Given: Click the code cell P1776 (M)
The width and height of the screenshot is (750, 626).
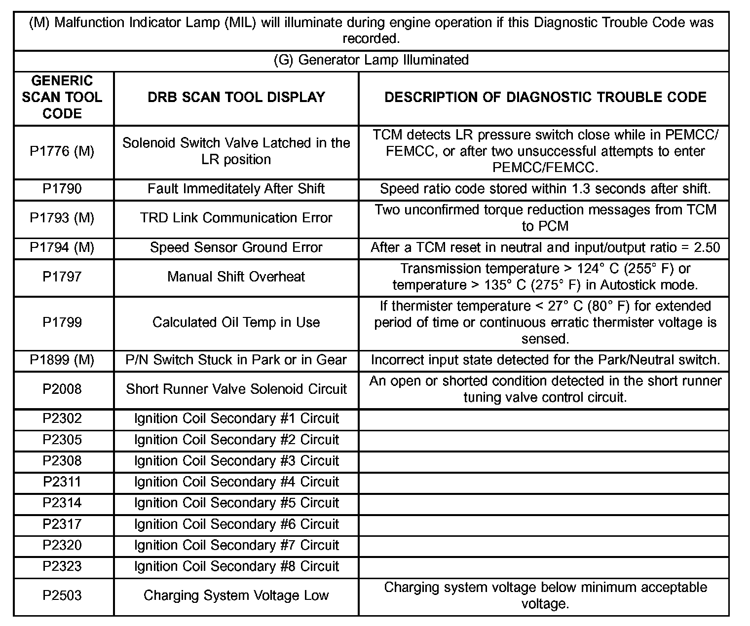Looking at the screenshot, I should [62, 151].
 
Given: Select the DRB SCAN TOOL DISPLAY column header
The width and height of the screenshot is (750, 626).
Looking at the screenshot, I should [236, 97].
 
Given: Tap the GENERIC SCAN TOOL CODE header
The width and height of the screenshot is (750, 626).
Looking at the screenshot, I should [62, 97].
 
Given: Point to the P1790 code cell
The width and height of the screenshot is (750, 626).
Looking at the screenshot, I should [62, 189].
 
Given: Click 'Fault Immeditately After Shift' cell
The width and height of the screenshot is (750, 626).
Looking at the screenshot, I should [236, 189].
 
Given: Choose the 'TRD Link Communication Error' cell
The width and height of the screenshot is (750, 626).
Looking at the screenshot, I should [236, 218].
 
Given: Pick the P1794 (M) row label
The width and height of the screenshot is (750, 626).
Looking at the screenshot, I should [62, 247].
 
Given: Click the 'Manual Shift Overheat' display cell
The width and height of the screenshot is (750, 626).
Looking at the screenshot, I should [236, 277].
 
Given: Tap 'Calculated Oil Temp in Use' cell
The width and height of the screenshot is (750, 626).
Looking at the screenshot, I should [236, 322].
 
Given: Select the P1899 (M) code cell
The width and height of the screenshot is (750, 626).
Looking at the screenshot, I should [62, 360].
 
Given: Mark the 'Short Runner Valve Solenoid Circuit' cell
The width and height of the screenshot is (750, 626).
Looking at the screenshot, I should [236, 389].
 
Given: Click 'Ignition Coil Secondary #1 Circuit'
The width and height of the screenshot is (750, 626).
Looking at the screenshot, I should [236, 418].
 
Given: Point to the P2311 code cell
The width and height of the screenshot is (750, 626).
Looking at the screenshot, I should [62, 482].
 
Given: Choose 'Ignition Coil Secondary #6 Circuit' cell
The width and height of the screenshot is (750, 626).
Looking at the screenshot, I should [236, 524].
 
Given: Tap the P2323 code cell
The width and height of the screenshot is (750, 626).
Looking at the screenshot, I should [62, 566].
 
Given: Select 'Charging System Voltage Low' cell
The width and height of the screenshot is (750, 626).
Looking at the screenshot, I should [236, 595].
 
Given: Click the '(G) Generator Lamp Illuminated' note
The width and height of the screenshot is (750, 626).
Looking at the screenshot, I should [371, 60].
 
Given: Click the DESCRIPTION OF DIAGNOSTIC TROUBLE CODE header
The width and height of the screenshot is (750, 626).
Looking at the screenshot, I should [545, 97].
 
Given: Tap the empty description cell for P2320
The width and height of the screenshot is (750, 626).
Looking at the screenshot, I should [544, 545].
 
